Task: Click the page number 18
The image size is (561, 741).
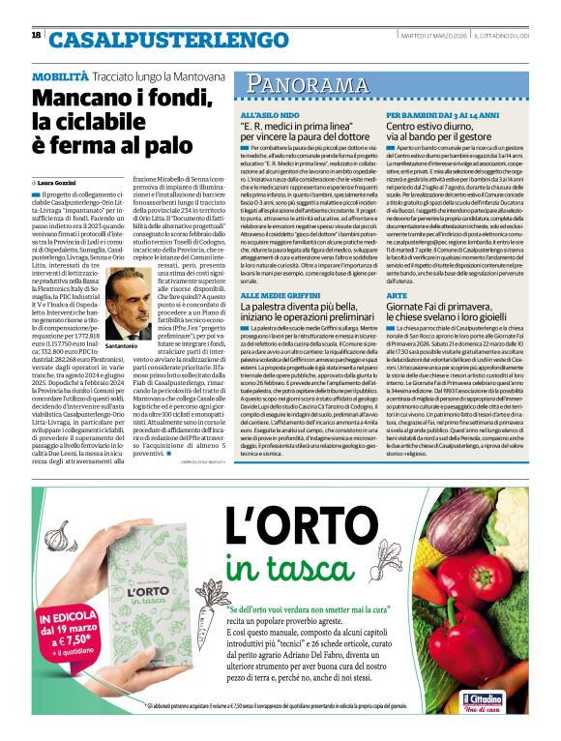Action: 36,35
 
